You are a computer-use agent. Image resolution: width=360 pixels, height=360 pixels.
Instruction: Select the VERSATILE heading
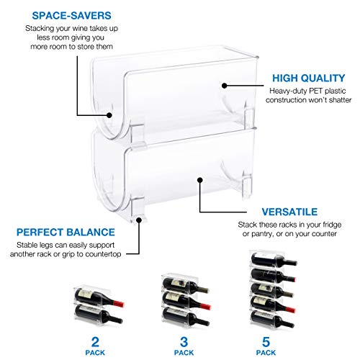pos(289,213)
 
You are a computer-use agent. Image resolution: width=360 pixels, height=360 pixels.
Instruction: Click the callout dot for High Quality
pos(226,85)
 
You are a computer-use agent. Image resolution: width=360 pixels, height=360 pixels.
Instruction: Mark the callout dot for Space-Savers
pos(110,113)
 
